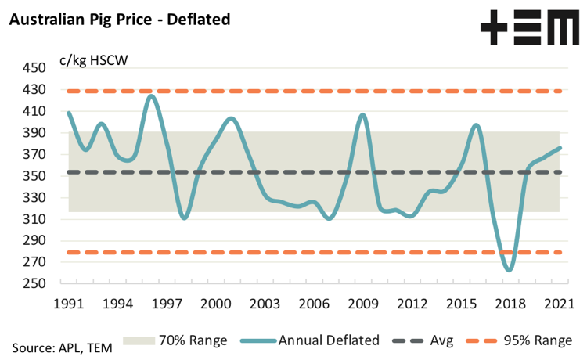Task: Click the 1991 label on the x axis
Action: [x=69, y=303]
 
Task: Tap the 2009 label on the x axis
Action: [x=362, y=303]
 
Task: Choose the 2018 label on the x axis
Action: [x=509, y=303]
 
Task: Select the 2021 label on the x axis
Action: [x=557, y=303]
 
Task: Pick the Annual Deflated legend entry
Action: [x=317, y=340]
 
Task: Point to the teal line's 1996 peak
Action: [x=151, y=95]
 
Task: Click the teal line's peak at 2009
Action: [x=362, y=115]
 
